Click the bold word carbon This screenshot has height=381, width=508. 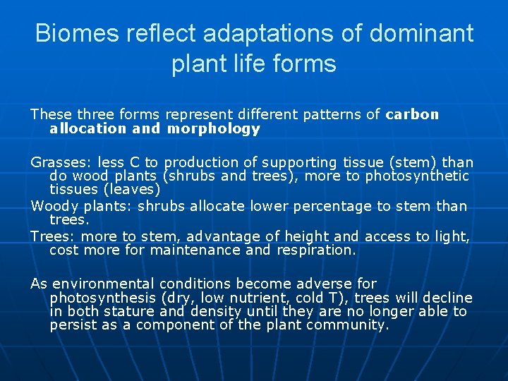tap(413, 114)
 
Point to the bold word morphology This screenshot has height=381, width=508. tap(214, 129)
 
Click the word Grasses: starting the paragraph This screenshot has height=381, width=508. tap(61, 162)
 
